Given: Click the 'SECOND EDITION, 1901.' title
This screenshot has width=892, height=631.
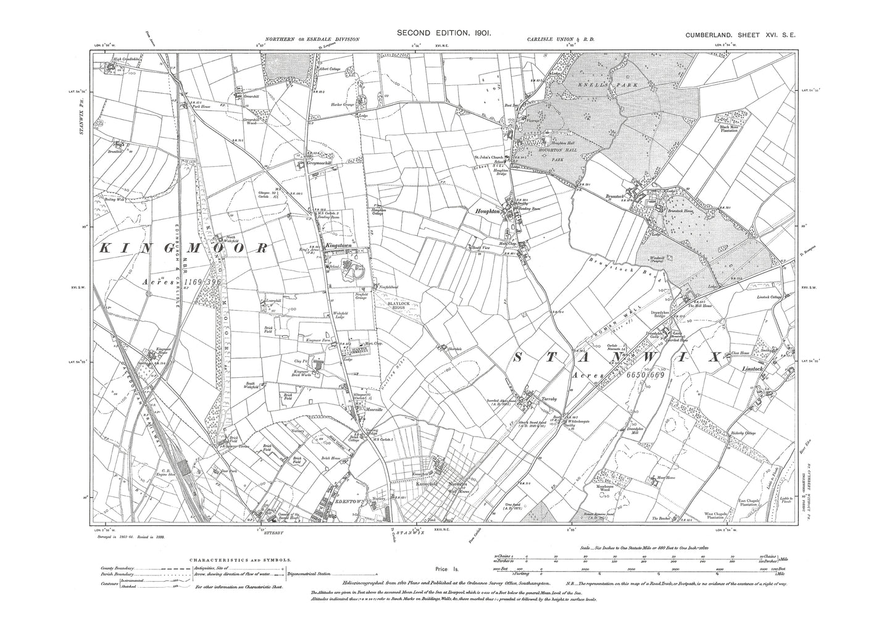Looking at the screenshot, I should [x=444, y=33].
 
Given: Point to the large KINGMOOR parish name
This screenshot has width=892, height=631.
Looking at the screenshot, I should [x=184, y=248].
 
